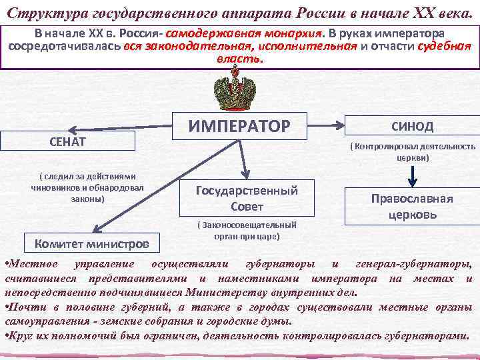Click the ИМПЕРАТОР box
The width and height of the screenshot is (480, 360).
239,126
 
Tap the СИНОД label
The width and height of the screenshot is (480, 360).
411,126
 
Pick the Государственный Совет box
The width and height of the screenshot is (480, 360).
246,198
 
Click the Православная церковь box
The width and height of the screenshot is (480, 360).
411,207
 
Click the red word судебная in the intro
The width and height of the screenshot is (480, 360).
443,46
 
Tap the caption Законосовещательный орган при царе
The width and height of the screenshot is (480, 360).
246,231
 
